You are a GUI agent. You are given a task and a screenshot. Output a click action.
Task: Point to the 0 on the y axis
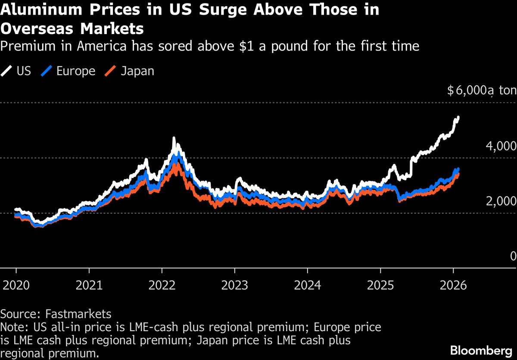pos(513,256)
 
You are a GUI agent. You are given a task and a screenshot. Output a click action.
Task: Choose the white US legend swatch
pos(7,71)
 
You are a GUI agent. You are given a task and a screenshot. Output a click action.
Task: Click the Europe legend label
pos(76,71)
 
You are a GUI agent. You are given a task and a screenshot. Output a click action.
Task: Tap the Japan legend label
pos(137,71)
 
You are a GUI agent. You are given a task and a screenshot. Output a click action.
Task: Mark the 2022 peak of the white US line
pos(174,138)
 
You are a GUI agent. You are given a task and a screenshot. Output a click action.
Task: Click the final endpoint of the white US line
pos(458,117)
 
